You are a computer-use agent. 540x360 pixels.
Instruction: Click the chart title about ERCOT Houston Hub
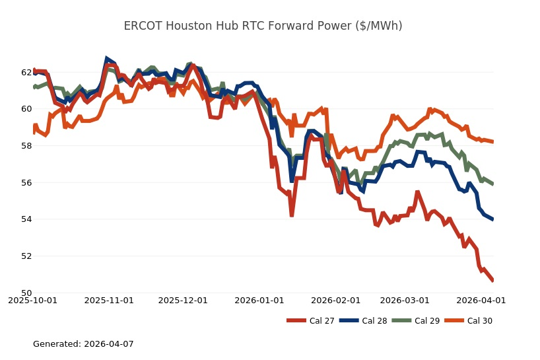coord(263,26)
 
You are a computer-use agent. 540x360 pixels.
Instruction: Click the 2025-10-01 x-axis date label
coord(32,300)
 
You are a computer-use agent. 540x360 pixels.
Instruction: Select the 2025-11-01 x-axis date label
coord(110,300)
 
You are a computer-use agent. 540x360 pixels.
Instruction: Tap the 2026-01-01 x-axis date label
coord(261,300)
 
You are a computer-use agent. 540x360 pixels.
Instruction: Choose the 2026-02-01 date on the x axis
coord(338,300)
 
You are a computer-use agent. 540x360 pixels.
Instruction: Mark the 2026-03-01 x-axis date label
coord(407,300)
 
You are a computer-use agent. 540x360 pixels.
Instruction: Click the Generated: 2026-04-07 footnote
coord(83,344)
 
